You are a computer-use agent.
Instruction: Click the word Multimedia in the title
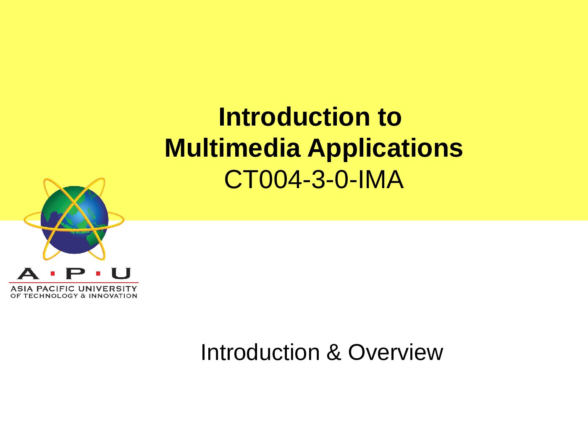click(x=232, y=148)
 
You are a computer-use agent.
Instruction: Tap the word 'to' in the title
click(x=389, y=117)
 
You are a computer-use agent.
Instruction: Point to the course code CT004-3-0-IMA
click(x=313, y=180)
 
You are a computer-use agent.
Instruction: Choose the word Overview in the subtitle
click(x=395, y=352)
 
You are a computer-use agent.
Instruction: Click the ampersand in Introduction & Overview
click(x=333, y=352)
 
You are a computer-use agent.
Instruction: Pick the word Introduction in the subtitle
click(x=260, y=352)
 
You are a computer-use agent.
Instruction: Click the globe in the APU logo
click(x=74, y=220)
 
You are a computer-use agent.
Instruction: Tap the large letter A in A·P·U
click(x=28, y=274)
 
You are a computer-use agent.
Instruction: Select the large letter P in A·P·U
click(x=75, y=274)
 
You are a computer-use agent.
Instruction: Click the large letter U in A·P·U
click(x=121, y=274)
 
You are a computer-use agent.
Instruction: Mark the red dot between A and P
click(x=52, y=274)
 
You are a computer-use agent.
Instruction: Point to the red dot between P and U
click(x=98, y=274)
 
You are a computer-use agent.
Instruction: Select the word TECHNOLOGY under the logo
click(x=51, y=296)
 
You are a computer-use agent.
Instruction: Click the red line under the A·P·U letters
click(x=73, y=283)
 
